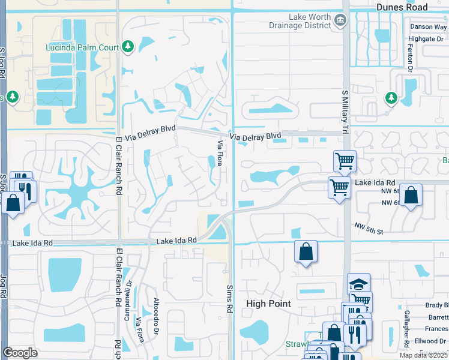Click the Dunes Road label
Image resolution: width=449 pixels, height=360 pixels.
(402, 7)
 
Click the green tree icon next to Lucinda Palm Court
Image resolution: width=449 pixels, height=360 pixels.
(127, 46)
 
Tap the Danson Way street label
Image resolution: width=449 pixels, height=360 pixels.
(428, 27)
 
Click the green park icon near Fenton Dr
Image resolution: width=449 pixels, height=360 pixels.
(391, 97)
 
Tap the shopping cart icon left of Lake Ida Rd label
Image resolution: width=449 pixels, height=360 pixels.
(340, 187)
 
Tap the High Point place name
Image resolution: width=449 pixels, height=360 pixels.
(268, 304)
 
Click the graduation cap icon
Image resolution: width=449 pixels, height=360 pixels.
(358, 283)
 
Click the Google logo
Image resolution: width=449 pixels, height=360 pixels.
(20, 353)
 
